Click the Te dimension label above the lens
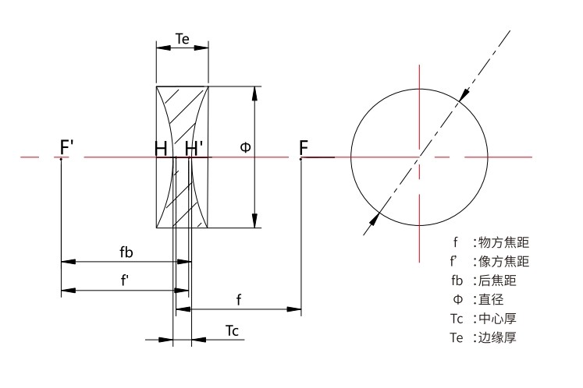[x=181, y=37]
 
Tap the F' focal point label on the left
[x=68, y=147]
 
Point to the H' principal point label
[x=195, y=147]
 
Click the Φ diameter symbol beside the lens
[x=245, y=147]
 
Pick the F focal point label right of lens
[x=304, y=147]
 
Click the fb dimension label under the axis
[x=126, y=252]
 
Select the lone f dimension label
[x=238, y=300]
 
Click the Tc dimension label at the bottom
[x=232, y=330]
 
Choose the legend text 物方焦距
[x=503, y=242]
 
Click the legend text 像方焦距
[x=503, y=261]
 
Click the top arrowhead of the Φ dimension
[x=254, y=92]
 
